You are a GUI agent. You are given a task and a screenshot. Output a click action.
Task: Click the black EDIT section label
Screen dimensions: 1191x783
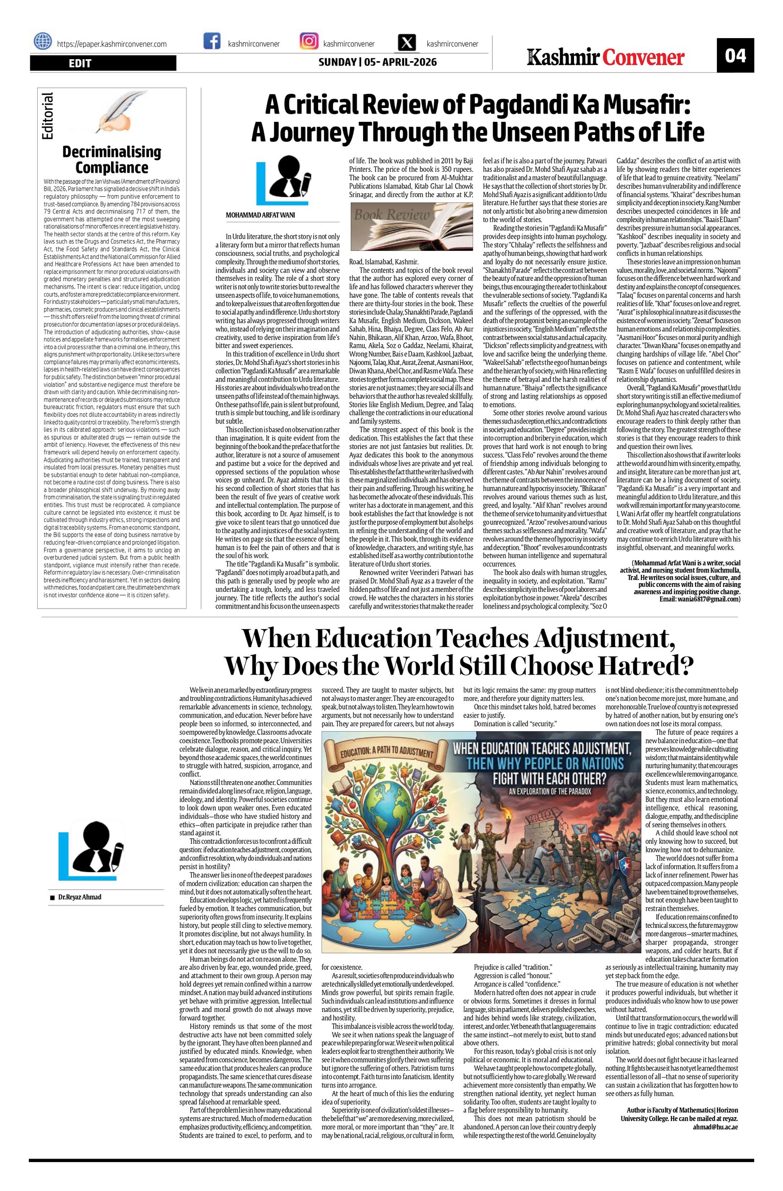point(103,63)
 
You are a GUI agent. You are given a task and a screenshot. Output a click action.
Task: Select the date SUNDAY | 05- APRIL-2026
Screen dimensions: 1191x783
point(377,62)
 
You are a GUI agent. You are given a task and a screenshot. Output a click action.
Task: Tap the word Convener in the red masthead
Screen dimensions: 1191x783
point(643,58)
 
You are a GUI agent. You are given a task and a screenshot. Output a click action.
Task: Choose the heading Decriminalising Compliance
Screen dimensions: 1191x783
point(112,159)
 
